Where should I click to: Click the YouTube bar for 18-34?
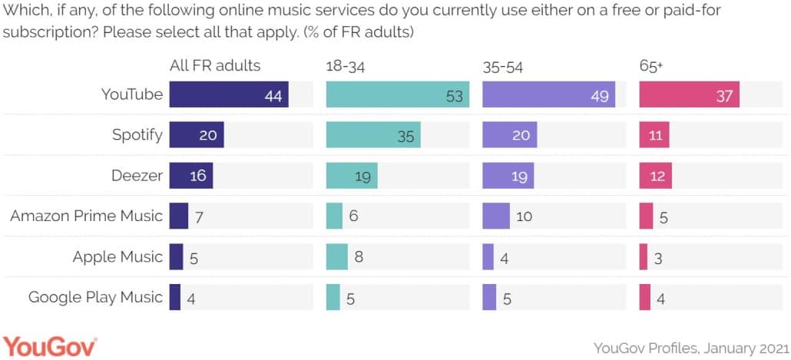pos(397,95)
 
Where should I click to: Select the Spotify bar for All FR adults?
pos(196,135)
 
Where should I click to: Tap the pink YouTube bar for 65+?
pos(689,95)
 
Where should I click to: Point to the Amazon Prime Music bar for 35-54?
pos(495,216)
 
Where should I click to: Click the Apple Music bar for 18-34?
pos(336,256)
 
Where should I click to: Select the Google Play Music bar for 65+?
pos(644,297)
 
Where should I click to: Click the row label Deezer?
pos(137,176)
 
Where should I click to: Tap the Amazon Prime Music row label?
pos(86,216)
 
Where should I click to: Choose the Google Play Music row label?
pos(95,297)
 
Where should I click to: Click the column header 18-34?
pos(346,67)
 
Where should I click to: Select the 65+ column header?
pos(651,67)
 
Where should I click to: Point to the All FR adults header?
pos(215,66)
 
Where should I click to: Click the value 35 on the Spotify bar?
pos(406,136)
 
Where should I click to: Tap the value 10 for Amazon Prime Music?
pos(524,216)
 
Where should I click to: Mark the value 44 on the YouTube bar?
pos(273,95)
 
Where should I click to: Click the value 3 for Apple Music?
pos(659,257)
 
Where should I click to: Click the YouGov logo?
pos(51,346)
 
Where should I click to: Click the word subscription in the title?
pos(46,35)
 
